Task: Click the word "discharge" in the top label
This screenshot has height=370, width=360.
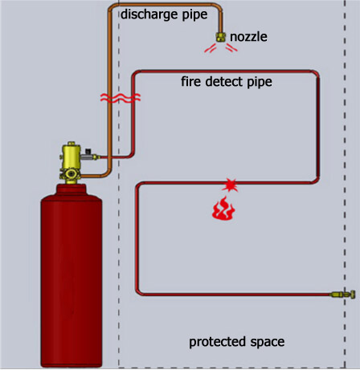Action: tap(149, 14)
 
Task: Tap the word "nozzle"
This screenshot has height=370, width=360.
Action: tap(248, 37)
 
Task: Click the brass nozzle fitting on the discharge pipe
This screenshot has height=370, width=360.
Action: tap(221, 37)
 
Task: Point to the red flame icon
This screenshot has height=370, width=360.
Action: tap(223, 209)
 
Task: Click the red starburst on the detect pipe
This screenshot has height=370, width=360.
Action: tap(230, 185)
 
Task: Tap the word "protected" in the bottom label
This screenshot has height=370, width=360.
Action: tap(217, 342)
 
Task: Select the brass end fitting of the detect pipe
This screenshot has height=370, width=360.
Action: tap(343, 295)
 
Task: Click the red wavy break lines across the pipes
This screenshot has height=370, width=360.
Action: tap(121, 98)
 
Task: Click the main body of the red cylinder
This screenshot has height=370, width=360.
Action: tap(72, 281)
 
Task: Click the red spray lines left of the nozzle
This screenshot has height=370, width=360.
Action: tap(211, 48)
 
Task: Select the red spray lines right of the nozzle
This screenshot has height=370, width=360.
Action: tap(231, 48)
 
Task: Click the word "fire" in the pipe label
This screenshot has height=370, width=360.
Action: tap(190, 81)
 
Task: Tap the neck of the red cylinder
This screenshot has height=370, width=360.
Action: tap(71, 189)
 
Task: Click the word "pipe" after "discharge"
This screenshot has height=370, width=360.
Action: tap(194, 15)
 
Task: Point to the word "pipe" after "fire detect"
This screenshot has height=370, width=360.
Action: tap(260, 82)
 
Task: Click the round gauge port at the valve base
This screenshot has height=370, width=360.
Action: tap(71, 174)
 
